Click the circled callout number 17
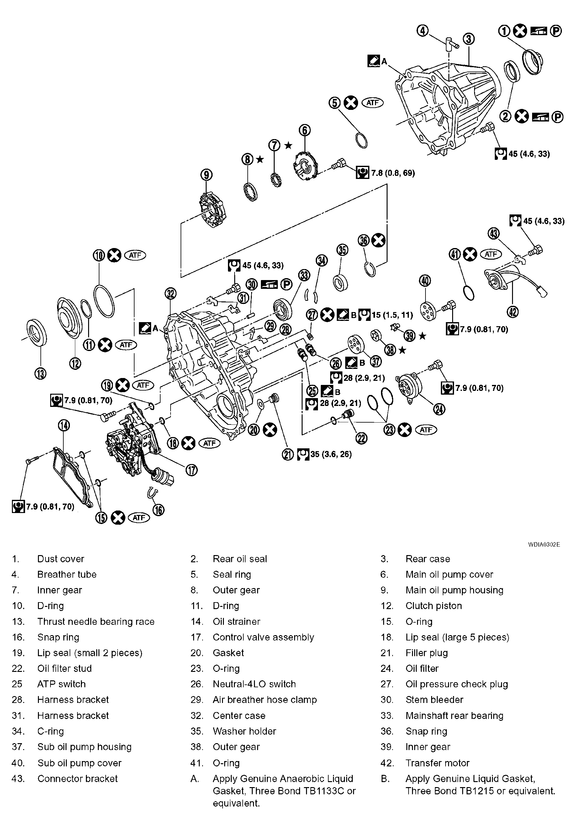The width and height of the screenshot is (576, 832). [x=192, y=470]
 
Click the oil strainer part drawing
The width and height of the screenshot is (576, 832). [x=72, y=477]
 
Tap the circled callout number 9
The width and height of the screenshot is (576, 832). [x=206, y=175]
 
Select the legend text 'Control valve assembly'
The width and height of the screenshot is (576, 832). [x=263, y=637]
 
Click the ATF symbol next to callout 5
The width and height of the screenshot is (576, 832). [x=373, y=103]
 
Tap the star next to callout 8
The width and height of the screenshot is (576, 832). [x=260, y=159]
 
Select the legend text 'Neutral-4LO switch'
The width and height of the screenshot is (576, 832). [x=254, y=684]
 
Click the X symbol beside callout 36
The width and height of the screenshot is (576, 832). [x=378, y=240]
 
